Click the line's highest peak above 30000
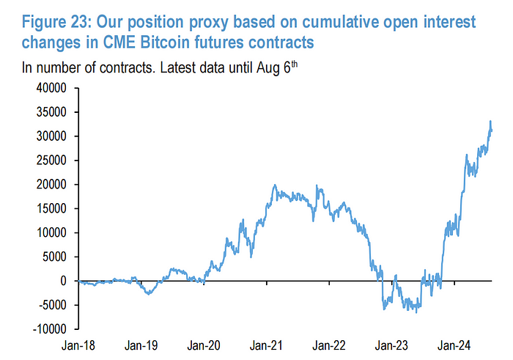[x=490, y=122]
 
